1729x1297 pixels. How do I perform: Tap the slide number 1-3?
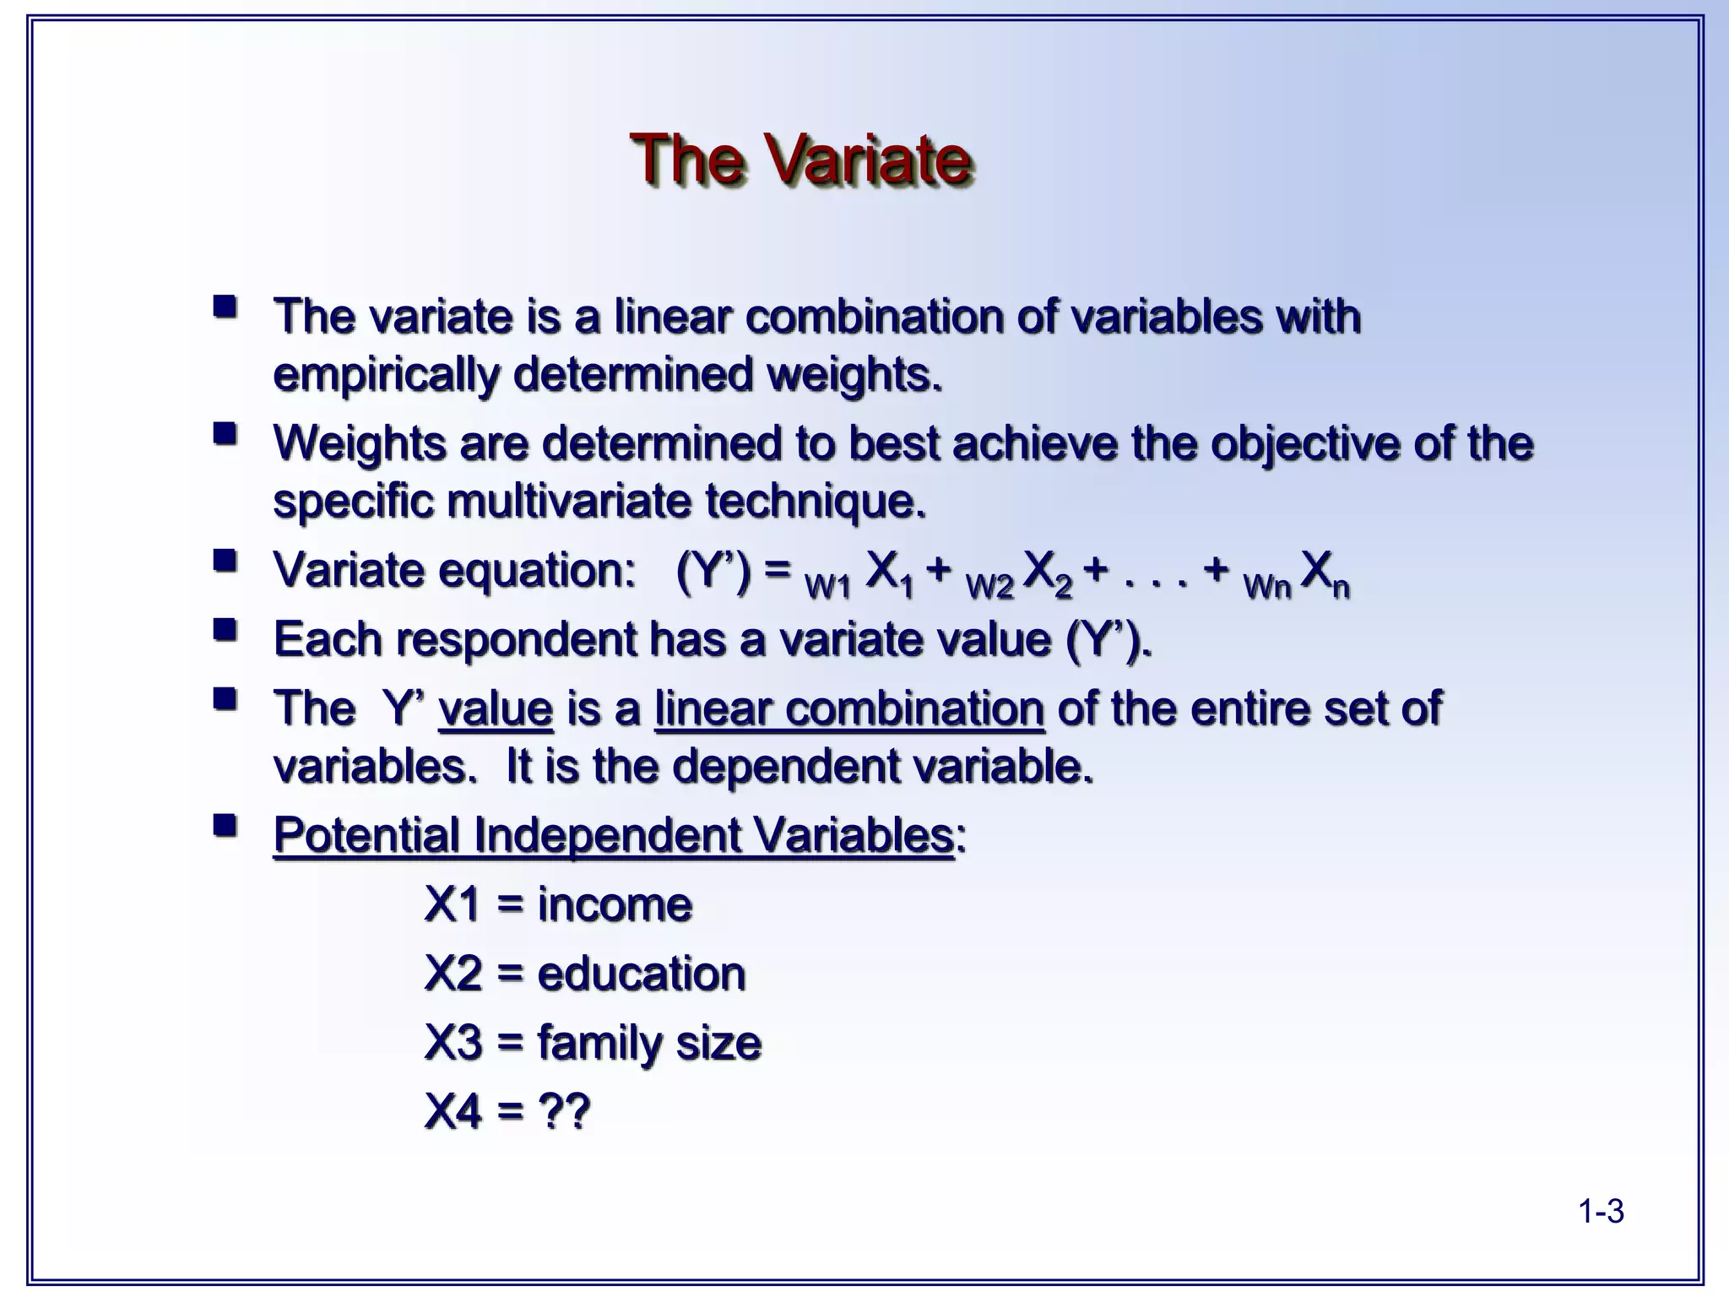tap(1601, 1212)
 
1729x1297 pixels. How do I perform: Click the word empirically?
tap(386, 375)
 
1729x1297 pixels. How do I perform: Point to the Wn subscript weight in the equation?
tap(1266, 586)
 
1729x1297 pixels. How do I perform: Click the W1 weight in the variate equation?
tap(827, 586)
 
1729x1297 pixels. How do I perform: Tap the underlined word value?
tap(496, 708)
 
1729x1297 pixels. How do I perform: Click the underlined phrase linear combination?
tap(849, 708)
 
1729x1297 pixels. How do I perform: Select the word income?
tap(615, 904)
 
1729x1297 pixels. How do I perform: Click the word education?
tap(642, 974)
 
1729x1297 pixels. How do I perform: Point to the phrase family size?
tap(649, 1043)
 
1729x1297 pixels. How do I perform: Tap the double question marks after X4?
tap(563, 1111)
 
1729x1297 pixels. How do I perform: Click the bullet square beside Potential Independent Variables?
tap(225, 825)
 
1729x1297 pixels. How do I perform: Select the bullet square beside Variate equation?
tap(225, 560)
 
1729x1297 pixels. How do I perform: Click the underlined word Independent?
tap(606, 835)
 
